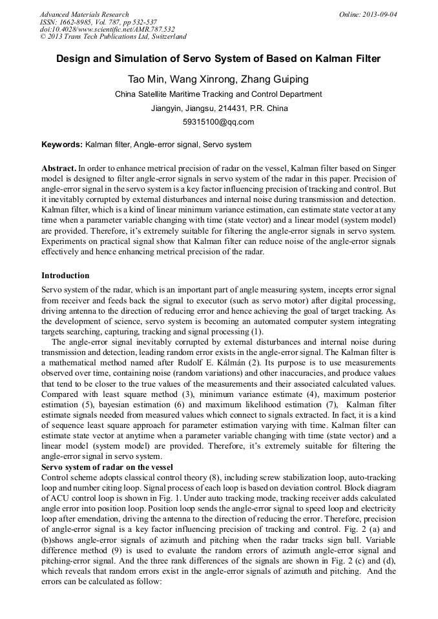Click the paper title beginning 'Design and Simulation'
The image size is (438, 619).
tap(218, 59)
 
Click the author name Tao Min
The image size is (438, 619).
tap(147, 79)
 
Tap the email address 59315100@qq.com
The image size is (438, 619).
tap(218, 121)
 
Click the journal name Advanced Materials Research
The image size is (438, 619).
tap(84, 14)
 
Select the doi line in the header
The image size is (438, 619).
tap(107, 29)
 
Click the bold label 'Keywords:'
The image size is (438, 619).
tap(62, 145)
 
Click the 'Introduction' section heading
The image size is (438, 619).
tap(65, 276)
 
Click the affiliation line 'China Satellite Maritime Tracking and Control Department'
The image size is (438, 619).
tap(218, 94)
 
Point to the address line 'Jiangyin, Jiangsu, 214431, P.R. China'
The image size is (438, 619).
tap(218, 108)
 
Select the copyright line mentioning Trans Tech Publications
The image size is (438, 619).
tap(113, 37)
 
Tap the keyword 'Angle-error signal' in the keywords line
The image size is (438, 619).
tap(167, 145)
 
